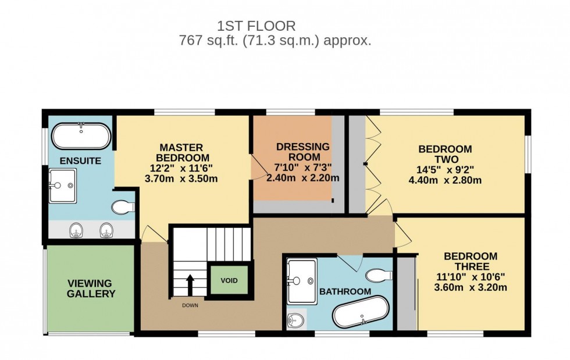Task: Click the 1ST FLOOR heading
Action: click(256, 26)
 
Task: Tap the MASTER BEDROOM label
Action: click(182, 153)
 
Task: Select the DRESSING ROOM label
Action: click(303, 152)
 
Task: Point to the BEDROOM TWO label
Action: click(445, 154)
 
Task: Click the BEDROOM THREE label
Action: click(471, 261)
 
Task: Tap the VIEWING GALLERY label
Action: click(91, 288)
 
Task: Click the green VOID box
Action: click(229, 280)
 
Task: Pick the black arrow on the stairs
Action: click(190, 286)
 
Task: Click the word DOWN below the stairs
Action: click(190, 305)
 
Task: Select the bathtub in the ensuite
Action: click(81, 136)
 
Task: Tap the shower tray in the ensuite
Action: click(63, 186)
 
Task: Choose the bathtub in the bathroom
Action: click(361, 312)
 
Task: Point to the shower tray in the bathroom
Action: click(302, 281)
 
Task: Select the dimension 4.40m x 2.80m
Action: click(445, 180)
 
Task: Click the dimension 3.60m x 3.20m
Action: click(471, 287)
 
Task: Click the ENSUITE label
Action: click(80, 161)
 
